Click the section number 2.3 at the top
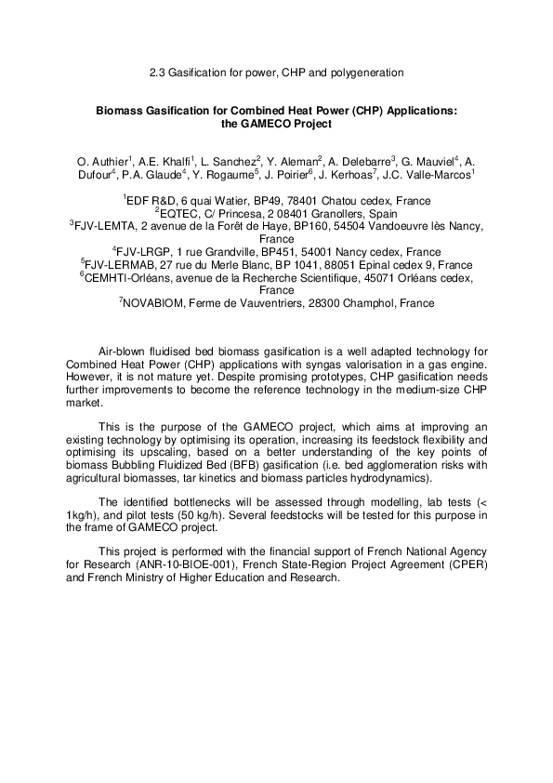pyautogui.click(x=157, y=72)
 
